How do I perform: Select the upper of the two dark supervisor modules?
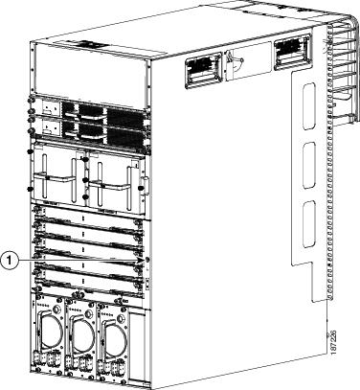point(91,110)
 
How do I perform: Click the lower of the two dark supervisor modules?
point(91,128)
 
